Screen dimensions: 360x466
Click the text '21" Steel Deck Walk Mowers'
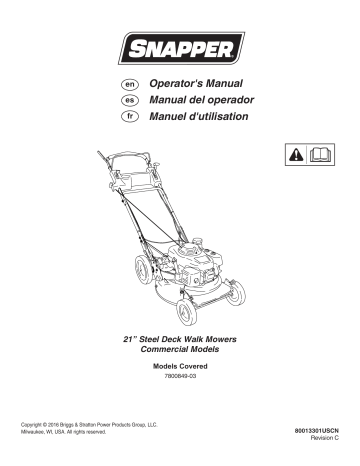coord(180,343)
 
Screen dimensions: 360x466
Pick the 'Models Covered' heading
coord(180,370)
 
